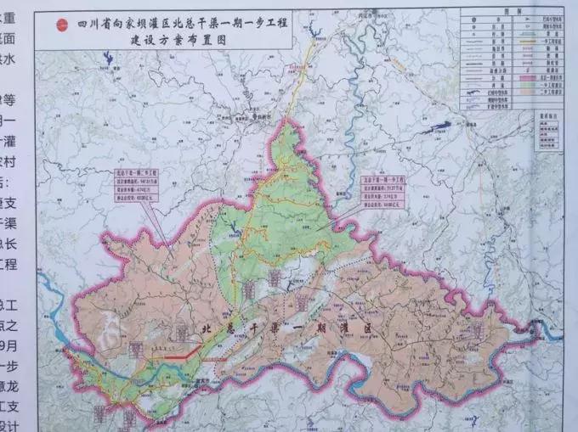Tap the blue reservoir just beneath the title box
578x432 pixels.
(109, 61)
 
